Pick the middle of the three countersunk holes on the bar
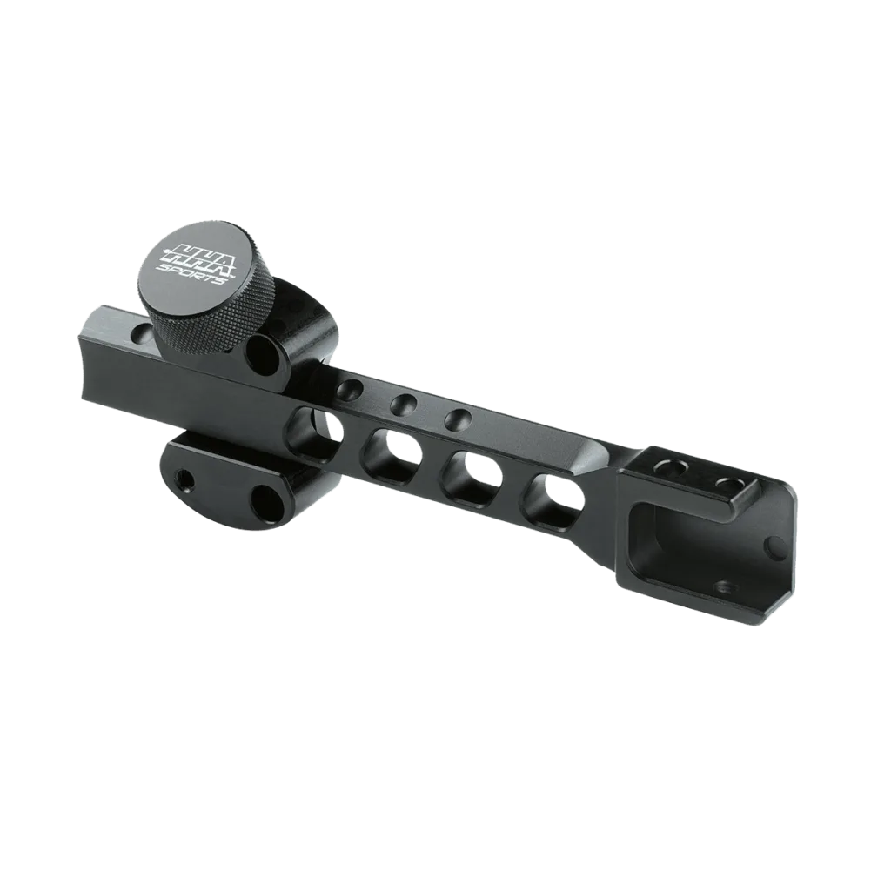click(404, 405)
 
